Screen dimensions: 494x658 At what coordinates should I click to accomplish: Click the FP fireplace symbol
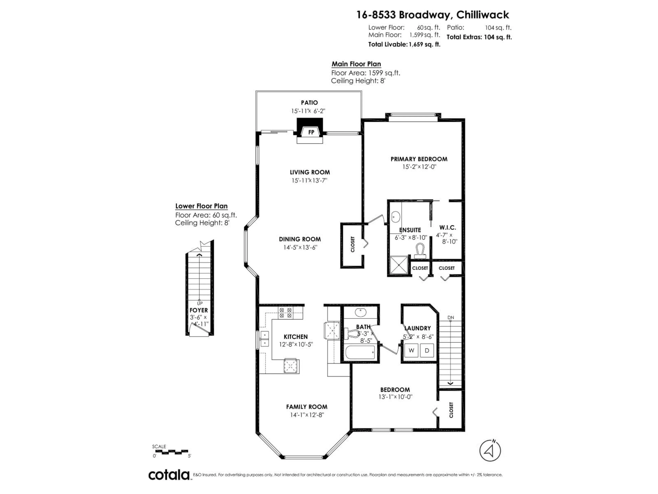[x=311, y=132]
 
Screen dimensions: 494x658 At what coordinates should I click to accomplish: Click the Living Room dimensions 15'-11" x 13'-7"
[x=309, y=180]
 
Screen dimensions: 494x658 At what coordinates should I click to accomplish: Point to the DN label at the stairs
[x=451, y=318]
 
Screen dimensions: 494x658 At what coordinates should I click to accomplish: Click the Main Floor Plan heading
[x=356, y=64]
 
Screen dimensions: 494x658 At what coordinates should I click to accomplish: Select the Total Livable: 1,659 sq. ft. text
[x=404, y=45]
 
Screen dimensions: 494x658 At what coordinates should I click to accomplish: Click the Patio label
[x=309, y=103]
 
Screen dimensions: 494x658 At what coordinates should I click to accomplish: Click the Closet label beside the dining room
[x=352, y=244]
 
